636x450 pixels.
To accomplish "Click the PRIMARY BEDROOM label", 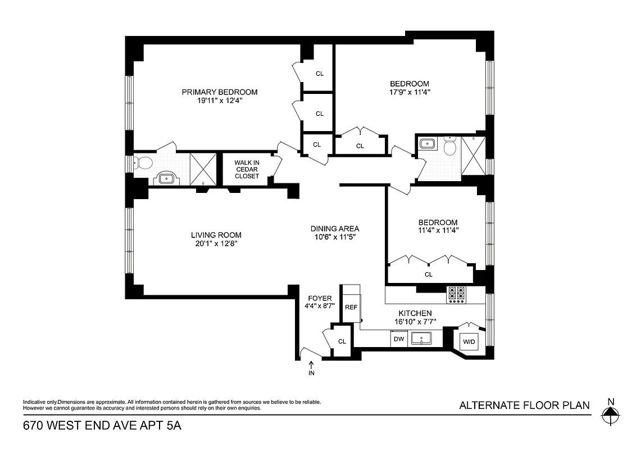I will click(x=219, y=92).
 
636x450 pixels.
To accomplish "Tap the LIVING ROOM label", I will click(x=216, y=235).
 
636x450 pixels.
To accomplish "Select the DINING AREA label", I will click(x=335, y=229).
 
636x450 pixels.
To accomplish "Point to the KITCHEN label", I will click(x=415, y=313).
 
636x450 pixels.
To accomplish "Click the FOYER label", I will click(x=320, y=299).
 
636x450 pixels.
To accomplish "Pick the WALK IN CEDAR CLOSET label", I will click(x=247, y=169).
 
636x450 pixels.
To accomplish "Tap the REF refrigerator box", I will click(x=351, y=307).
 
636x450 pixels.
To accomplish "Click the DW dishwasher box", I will click(x=399, y=339).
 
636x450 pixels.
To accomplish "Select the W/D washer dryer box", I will click(x=469, y=341).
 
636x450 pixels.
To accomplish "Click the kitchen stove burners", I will click(x=456, y=294).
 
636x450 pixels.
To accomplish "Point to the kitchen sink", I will click(x=421, y=339).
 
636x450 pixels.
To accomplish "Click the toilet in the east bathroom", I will click(x=449, y=147).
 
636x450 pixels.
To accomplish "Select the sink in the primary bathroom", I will click(x=167, y=178).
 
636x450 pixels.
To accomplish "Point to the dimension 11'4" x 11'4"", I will click(x=438, y=229).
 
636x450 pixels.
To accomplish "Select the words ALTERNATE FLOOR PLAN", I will click(x=524, y=405).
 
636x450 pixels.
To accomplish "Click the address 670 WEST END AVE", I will click(x=78, y=426).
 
